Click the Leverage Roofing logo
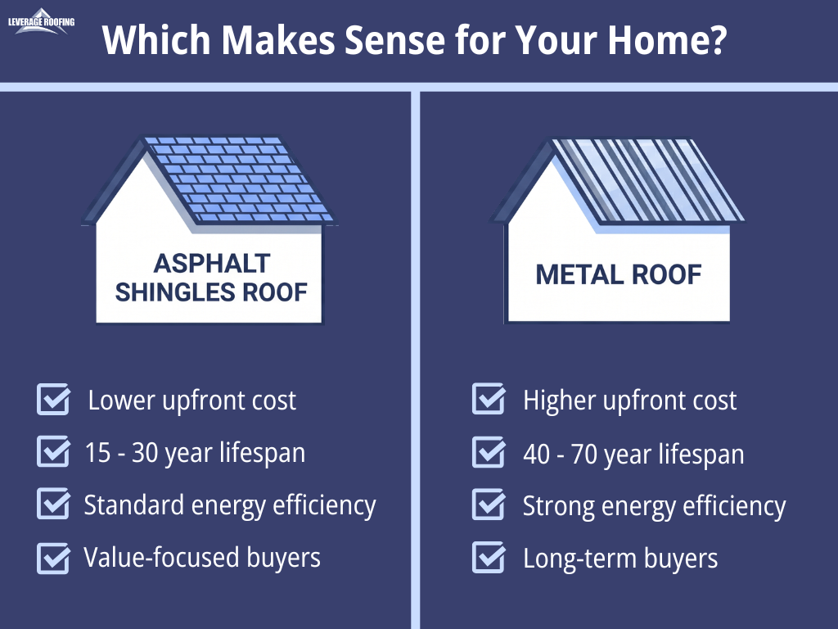[41, 21]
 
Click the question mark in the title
[715, 39]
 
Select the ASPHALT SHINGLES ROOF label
[211, 278]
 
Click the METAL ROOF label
[619, 275]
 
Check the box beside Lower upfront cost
[53, 399]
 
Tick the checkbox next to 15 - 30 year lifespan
[53, 451]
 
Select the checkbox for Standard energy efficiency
[53, 504]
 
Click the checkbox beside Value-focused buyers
[53, 558]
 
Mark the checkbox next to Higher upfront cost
[489, 399]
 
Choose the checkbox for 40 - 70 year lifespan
[489, 452]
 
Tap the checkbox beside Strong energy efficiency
[489, 505]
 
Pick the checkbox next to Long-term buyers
[489, 557]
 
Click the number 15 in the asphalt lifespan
[98, 452]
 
